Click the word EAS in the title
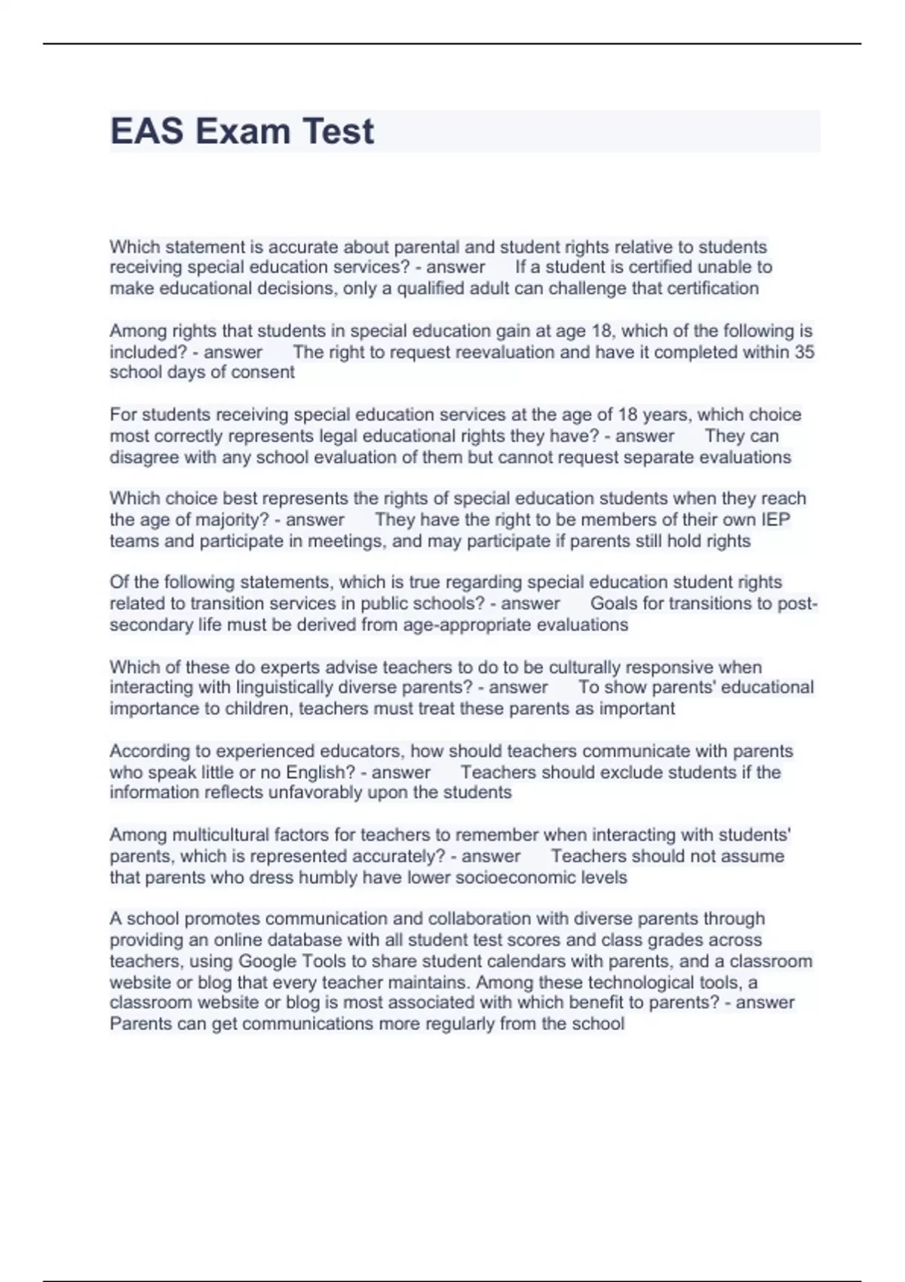[x=147, y=131]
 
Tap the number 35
[x=804, y=352]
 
